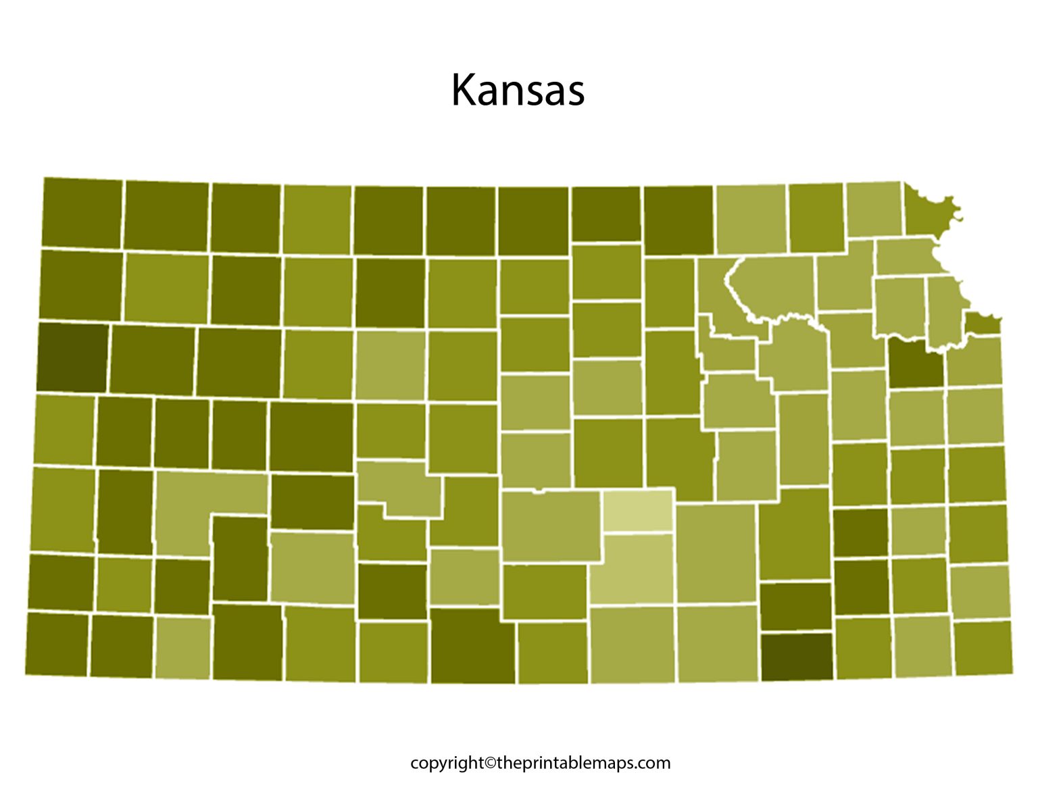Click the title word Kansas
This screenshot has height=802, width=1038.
point(518,90)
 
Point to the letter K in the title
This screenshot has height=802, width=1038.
point(464,90)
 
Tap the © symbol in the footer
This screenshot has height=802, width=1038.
point(490,763)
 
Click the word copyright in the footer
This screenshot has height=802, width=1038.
point(447,763)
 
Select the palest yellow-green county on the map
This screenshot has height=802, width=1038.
point(638,510)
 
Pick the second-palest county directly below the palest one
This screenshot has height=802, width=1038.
point(633,568)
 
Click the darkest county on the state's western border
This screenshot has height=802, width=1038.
point(72,357)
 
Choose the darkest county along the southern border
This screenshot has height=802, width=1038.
point(797,655)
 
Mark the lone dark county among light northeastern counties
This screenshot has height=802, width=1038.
point(915,364)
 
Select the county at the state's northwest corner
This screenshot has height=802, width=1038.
point(82,212)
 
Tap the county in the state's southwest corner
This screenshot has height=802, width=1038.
point(57,643)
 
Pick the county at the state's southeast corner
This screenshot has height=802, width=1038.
point(983,648)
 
